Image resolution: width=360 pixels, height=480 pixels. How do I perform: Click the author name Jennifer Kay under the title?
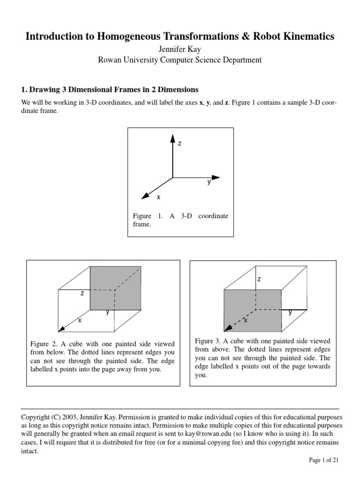180,49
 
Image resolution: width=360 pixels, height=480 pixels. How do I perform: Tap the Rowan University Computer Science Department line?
180,60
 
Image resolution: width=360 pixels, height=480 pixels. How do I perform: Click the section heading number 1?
24,89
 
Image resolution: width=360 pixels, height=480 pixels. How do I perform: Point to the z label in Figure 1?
179,143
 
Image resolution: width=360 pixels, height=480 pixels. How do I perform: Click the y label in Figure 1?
209,182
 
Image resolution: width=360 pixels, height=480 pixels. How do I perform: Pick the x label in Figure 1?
158,197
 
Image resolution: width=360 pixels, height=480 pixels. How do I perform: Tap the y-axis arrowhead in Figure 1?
215,178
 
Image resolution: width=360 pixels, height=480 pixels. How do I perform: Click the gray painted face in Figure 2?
115,287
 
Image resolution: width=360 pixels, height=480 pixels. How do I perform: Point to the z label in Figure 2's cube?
82,293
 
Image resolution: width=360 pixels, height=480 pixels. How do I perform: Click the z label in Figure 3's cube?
259,279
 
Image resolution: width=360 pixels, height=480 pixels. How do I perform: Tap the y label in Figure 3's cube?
290,312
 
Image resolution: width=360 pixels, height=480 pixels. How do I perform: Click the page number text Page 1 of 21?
323,460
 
